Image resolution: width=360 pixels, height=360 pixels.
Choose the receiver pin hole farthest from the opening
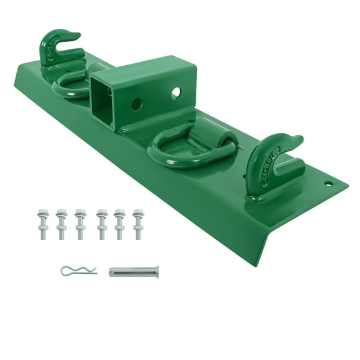(176, 92)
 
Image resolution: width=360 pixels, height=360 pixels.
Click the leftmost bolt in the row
(42, 224)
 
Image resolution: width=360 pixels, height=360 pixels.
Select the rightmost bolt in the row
(138, 224)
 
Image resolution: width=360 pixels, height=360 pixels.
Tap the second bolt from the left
(61, 224)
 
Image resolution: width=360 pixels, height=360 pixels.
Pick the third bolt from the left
(80, 224)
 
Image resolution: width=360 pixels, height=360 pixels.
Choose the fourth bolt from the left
(102, 224)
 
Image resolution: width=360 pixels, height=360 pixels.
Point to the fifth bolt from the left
(119, 224)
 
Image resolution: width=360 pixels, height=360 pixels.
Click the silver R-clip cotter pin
(77, 271)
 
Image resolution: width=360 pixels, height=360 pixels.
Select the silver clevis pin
(133, 271)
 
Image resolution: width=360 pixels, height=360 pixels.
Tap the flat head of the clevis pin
(156, 271)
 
